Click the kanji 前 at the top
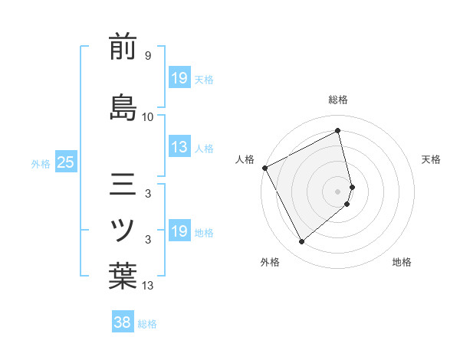[123, 47]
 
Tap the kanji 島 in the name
[123, 106]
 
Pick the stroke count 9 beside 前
[147, 56]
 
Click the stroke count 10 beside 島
[148, 116]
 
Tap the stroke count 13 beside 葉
[148, 286]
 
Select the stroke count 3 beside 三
[147, 194]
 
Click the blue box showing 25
[65, 162]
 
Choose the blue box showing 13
[179, 148]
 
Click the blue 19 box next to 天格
[179, 78]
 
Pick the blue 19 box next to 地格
[179, 231]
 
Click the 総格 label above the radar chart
[338, 100]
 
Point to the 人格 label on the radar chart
[245, 159]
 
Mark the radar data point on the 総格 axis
[338, 130]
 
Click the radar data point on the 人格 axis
[264, 168]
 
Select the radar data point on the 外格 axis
[301, 242]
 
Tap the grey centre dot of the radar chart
[338, 191]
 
